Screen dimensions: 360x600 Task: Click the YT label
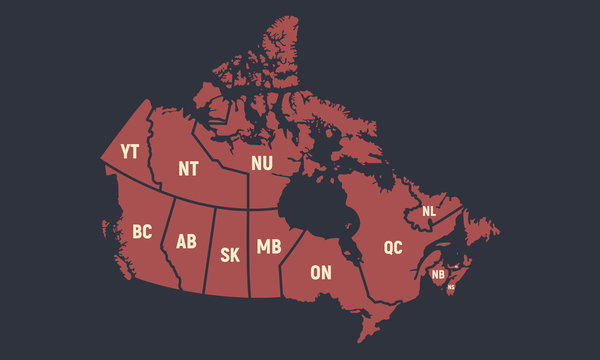coord(129,152)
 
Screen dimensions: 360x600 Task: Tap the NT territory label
coord(188,168)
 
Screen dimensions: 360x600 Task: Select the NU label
coord(261,163)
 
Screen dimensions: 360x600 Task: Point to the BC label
coord(142,232)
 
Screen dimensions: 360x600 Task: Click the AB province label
coord(186,241)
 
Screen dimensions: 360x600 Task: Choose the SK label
coord(229,254)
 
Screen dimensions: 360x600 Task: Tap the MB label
coord(268,246)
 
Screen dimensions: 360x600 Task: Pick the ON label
coord(321,271)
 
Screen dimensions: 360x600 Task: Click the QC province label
coord(392,246)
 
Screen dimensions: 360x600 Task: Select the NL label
coord(429,211)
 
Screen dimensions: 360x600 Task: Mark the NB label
coord(438,274)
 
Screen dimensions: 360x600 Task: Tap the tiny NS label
coord(451,287)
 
